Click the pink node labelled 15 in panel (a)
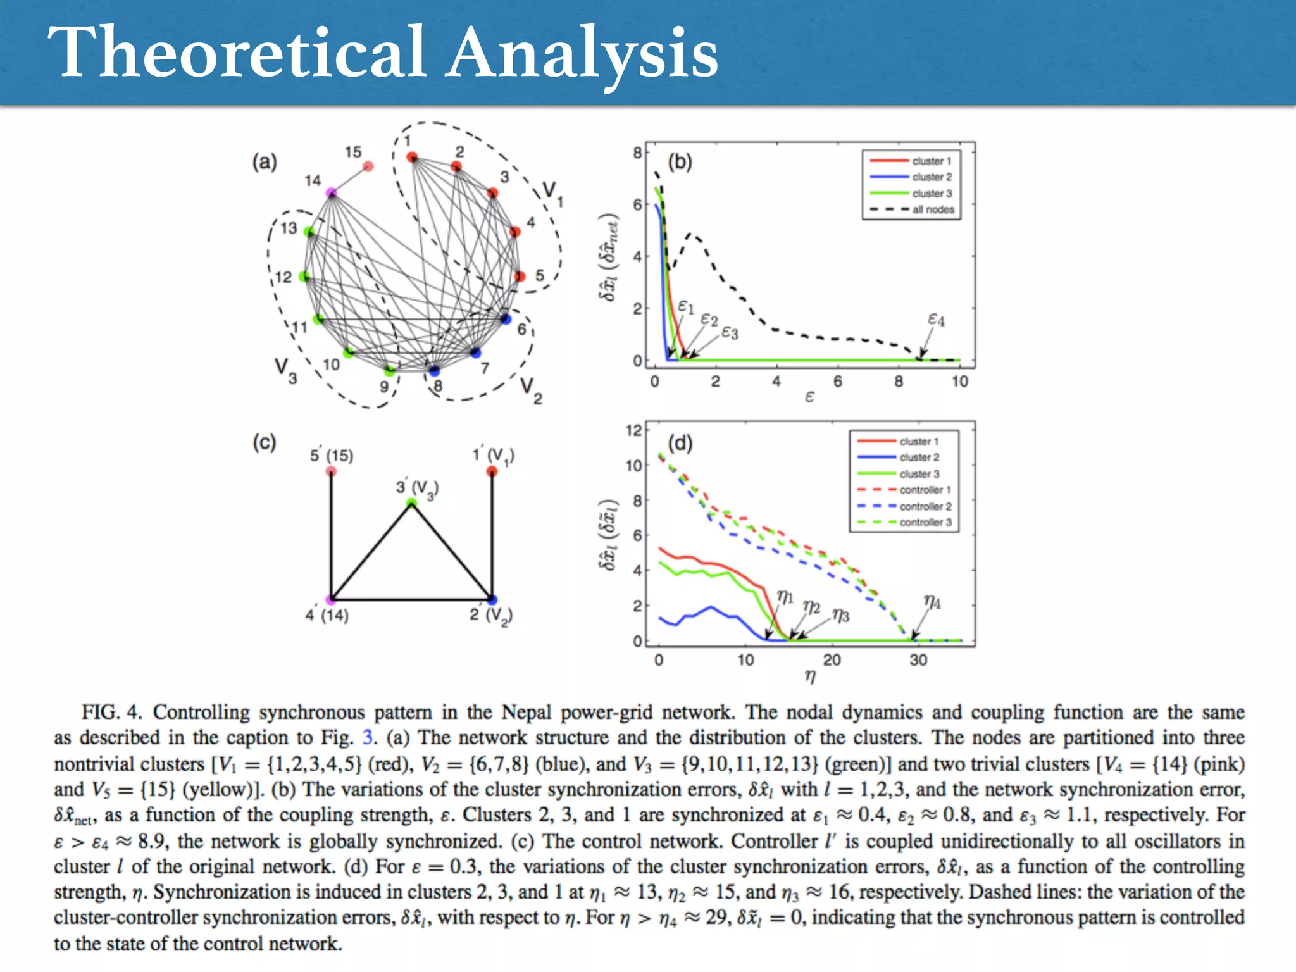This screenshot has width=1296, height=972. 368,166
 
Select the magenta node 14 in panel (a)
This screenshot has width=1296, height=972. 331,192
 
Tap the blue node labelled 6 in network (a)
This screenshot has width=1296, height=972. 505,318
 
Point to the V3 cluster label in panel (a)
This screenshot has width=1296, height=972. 284,370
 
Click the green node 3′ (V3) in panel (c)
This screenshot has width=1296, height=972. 411,504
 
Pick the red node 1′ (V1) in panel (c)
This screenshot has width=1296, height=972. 492,471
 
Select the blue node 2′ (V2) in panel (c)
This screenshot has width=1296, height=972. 492,599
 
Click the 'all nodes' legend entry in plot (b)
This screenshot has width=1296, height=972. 932,209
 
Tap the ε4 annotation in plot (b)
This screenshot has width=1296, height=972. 936,320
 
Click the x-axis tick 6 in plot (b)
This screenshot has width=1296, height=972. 837,382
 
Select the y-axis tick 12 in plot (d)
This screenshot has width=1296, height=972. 633,431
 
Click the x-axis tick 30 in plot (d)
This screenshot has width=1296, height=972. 918,660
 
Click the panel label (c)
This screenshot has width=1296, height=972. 265,442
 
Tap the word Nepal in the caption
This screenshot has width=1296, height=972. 527,713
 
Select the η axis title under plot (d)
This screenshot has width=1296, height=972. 810,677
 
